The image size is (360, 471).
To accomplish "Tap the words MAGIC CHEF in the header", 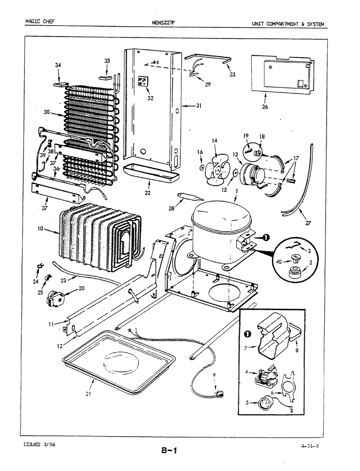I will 40,21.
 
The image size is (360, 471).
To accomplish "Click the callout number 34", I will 58,65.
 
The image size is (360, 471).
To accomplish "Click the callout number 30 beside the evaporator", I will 46,112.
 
